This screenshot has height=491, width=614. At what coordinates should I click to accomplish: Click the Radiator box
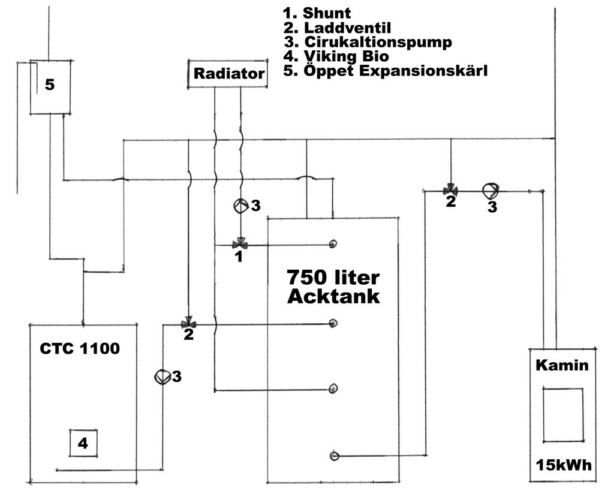click(x=228, y=74)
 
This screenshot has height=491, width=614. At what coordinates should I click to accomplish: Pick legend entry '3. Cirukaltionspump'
click(x=368, y=42)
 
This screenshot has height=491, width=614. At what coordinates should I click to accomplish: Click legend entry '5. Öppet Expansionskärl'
click(x=386, y=71)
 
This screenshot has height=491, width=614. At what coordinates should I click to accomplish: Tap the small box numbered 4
click(x=83, y=443)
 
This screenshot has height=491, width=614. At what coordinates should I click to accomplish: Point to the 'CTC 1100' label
click(x=80, y=348)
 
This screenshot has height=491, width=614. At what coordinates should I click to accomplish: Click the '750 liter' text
click(x=333, y=278)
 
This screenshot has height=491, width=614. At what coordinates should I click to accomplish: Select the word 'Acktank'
click(x=333, y=296)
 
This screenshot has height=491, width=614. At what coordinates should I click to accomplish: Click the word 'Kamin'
click(x=562, y=365)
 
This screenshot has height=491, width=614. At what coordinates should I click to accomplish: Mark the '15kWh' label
click(x=562, y=465)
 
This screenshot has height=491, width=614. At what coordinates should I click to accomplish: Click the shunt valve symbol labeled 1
click(x=240, y=244)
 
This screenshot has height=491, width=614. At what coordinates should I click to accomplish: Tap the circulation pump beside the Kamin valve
click(x=490, y=191)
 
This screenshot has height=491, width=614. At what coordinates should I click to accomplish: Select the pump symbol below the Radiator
click(x=240, y=206)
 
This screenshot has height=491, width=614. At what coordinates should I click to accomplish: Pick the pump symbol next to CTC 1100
click(x=162, y=377)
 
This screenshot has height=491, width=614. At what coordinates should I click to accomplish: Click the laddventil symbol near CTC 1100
click(x=188, y=324)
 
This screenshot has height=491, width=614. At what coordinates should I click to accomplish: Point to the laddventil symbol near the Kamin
click(x=450, y=191)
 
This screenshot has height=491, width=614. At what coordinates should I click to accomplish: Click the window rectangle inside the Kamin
click(x=562, y=414)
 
